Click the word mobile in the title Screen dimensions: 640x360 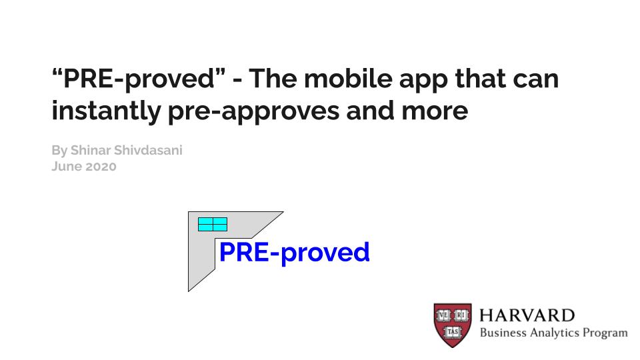[348, 78]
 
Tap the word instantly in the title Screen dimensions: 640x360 [106, 111]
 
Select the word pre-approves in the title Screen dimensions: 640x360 [253, 112]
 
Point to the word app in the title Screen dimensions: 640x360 [423, 81]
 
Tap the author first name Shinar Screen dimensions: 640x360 [90, 150]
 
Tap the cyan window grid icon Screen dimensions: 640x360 [213, 224]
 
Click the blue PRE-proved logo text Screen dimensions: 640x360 [294, 253]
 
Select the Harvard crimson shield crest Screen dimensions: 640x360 [453, 325]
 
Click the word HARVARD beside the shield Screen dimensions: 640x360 [527, 315]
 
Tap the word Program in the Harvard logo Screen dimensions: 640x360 [605, 333]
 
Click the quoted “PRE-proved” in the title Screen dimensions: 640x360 [139, 79]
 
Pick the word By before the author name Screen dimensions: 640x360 [59, 151]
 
